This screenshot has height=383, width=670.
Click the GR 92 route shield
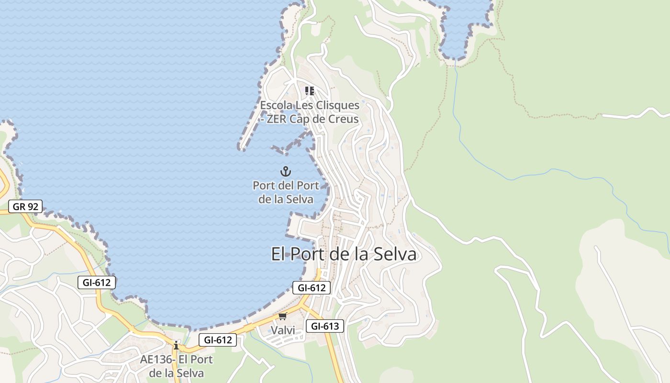tap(25, 207)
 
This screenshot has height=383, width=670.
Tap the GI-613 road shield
tap(325, 327)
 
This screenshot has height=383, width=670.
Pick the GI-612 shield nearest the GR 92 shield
tap(97, 282)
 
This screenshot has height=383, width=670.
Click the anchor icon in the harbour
tap(286, 171)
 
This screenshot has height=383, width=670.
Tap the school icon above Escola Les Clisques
tap(310, 90)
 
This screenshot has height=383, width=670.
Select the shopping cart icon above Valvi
tap(283, 316)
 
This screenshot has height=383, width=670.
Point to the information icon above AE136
tap(176, 345)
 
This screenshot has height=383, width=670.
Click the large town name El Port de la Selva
tap(344, 254)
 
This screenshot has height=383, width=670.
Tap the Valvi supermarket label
tap(283, 330)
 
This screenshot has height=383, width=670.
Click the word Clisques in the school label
tap(336, 105)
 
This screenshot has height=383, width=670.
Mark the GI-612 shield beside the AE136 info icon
tap(218, 340)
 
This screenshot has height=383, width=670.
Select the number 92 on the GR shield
tap(33, 207)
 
